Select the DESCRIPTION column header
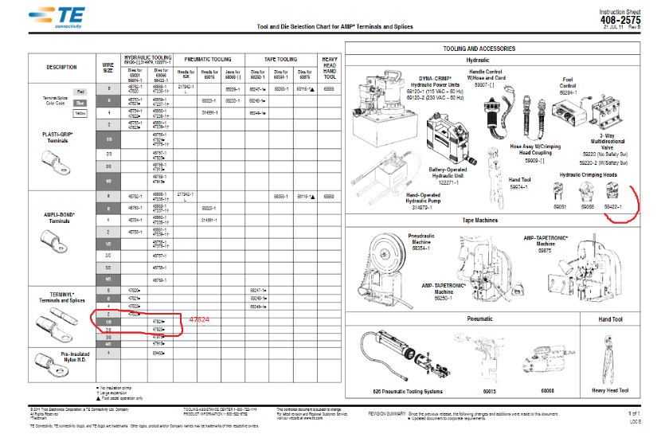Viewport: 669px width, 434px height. pyautogui.click(x=61, y=67)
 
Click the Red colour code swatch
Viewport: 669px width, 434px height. pyautogui.click(x=80, y=92)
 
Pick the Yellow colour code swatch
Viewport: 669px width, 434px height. pyautogui.click(x=80, y=114)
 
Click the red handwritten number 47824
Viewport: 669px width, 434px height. pyautogui.click(x=199, y=319)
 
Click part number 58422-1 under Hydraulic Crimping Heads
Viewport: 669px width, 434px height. pyautogui.click(x=612, y=207)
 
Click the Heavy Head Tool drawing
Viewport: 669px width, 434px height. pyautogui.click(x=610, y=358)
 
